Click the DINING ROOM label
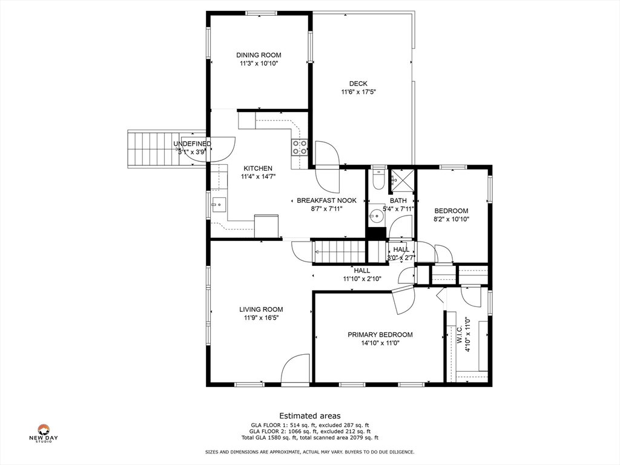click(259, 55)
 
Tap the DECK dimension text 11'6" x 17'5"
click(358, 92)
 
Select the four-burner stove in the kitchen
click(299, 147)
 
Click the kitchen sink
click(219, 205)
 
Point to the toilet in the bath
click(379, 179)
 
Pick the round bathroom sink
click(376, 216)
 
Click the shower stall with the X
click(401, 182)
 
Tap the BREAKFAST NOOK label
click(326, 200)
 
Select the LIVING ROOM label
click(261, 309)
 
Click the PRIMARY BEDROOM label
click(380, 335)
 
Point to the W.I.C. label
click(460, 334)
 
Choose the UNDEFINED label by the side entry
click(192, 144)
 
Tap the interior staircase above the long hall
click(339, 251)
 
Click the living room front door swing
click(295, 368)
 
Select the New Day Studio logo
click(44, 434)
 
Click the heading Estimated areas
click(310, 416)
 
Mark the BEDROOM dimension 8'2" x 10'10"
click(451, 219)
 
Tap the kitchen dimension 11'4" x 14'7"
click(258, 177)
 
